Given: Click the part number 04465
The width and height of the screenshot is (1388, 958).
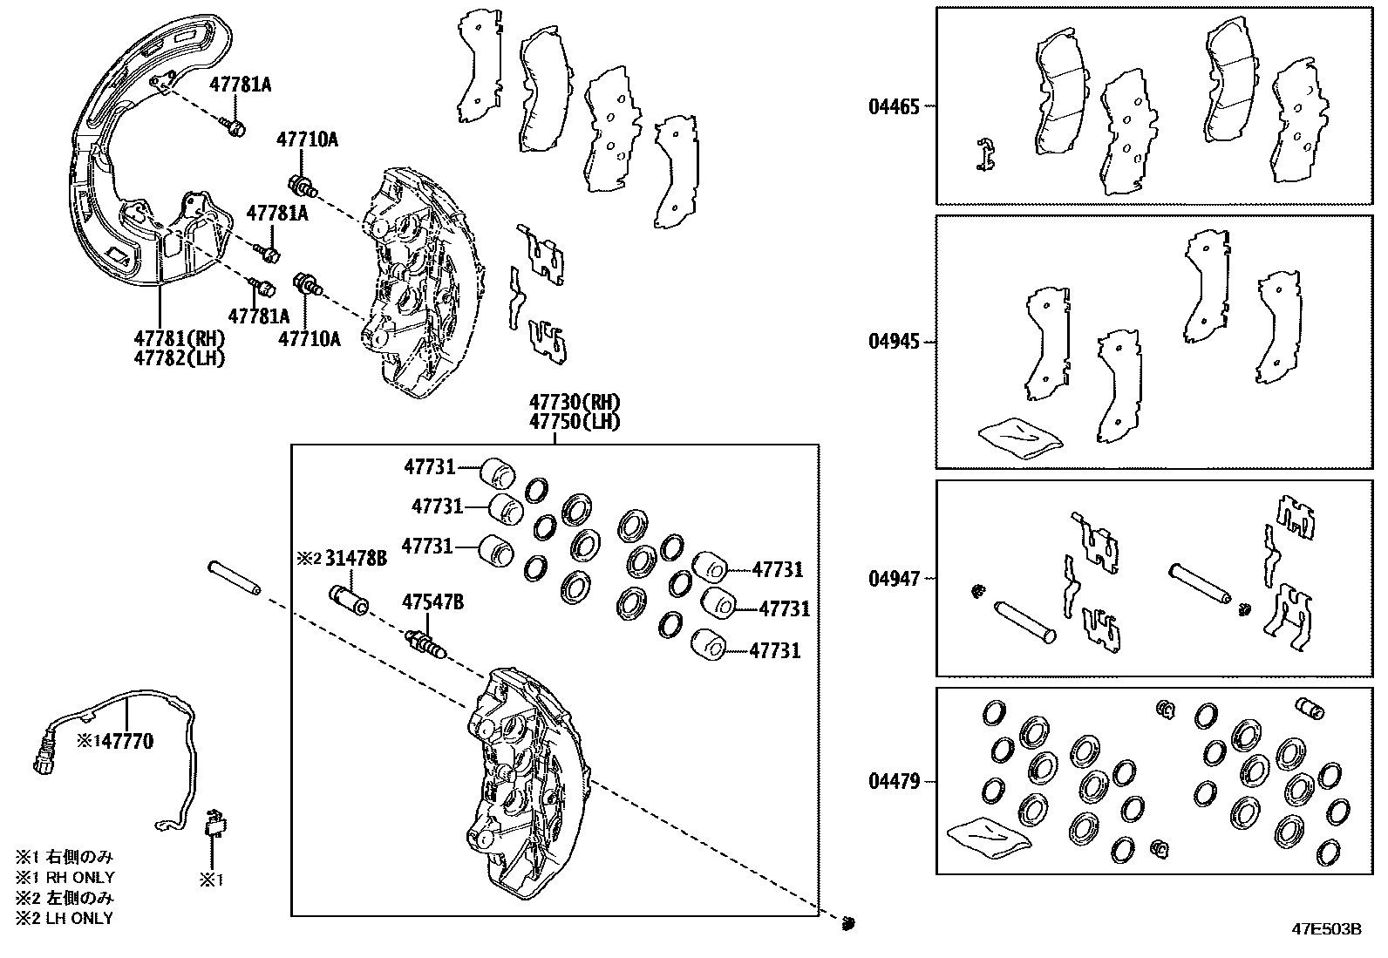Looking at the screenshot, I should click(894, 107).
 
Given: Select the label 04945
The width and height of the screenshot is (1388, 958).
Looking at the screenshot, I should click(894, 342).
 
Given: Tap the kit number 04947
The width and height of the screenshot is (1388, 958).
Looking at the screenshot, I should click(894, 578).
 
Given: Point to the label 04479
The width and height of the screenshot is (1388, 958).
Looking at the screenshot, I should click(894, 781).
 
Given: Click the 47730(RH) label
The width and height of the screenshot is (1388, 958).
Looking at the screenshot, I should click(575, 403).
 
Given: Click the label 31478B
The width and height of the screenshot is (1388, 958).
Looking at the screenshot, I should click(356, 559).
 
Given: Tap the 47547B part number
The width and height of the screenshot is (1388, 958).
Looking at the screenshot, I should click(432, 601).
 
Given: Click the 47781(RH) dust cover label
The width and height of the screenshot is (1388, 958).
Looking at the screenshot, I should click(180, 339).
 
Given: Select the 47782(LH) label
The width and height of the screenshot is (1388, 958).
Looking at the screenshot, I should click(180, 357).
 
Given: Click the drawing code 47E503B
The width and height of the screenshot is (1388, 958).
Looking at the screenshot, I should click(1326, 929).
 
